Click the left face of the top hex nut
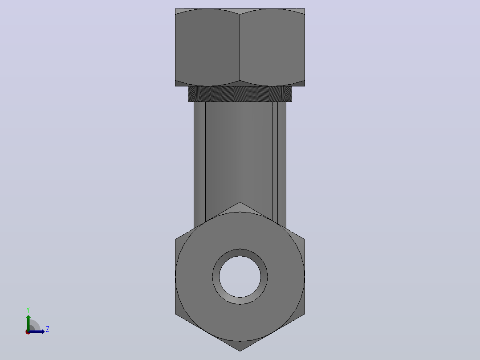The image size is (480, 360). coord(207,48)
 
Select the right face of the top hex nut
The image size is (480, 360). coord(272,48)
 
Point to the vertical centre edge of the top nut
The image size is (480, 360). coord(240,48)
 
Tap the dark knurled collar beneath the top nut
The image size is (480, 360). coord(240,94)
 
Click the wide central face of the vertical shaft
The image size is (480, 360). coord(239,153)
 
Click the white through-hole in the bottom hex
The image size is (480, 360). coord(240,277)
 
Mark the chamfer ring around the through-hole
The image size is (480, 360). coord(240,253)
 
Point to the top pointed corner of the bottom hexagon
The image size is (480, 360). coord(240,202)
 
